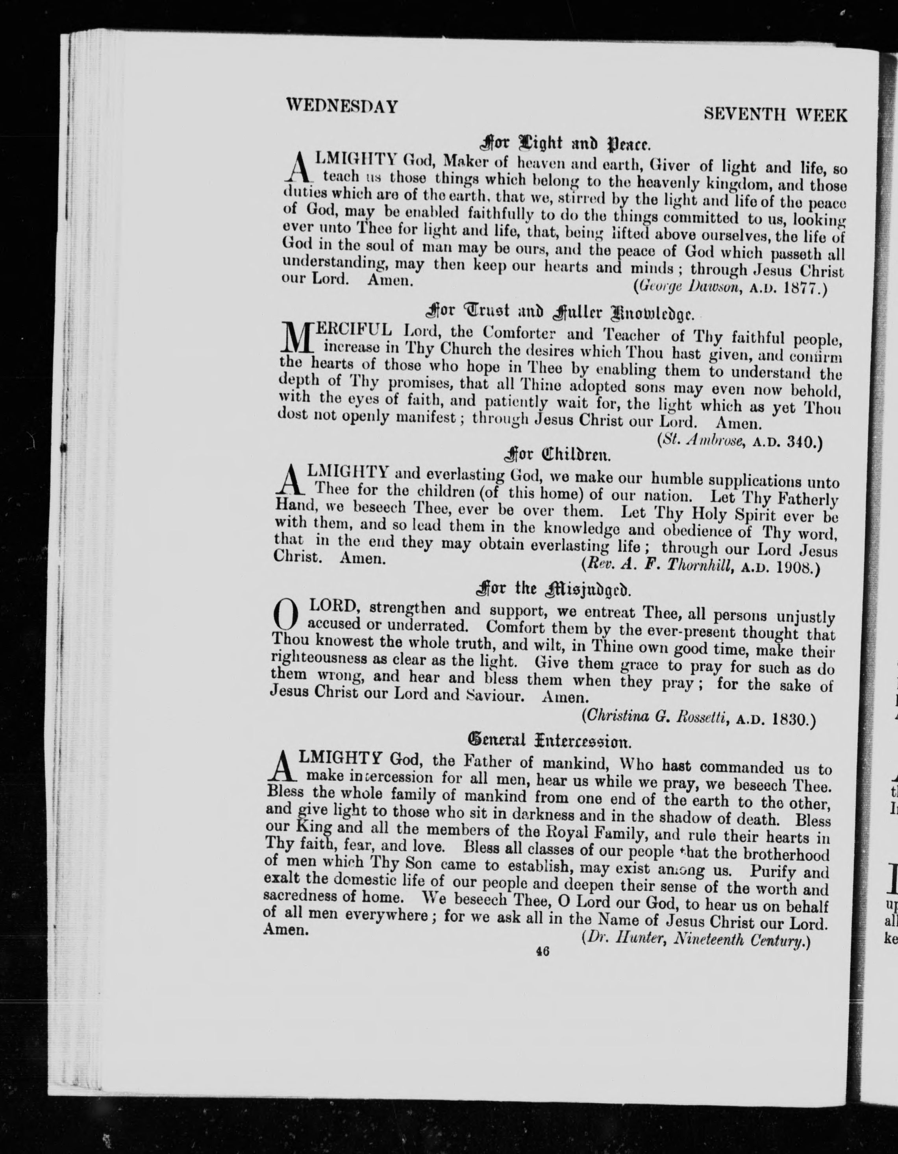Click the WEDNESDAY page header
(341, 106)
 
